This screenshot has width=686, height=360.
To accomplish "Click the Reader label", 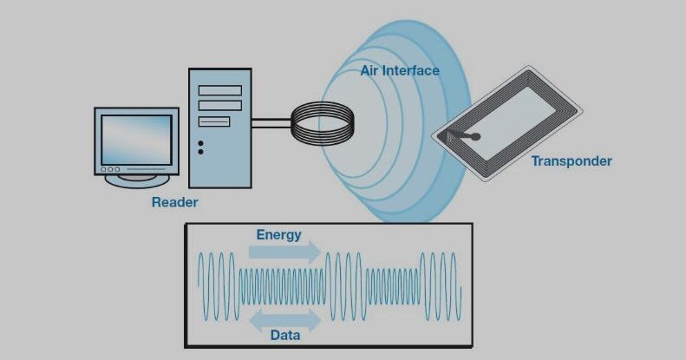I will coord(174,203).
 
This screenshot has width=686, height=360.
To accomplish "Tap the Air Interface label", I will coord(400,70).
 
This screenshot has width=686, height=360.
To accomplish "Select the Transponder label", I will coord(572,160).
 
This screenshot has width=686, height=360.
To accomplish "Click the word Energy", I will coord(278,234).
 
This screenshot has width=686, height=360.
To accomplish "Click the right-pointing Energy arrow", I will coord(284,252).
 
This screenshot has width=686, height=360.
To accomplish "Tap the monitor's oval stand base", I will coord(137,180).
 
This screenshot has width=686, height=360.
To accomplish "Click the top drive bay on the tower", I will coord(219,90).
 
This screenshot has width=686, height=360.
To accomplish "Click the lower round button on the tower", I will coord(201,152).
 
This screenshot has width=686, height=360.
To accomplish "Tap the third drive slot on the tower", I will coord(214,121).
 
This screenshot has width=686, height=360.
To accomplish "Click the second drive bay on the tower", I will coord(219,105).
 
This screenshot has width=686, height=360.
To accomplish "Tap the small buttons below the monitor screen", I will coord(111,169).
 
